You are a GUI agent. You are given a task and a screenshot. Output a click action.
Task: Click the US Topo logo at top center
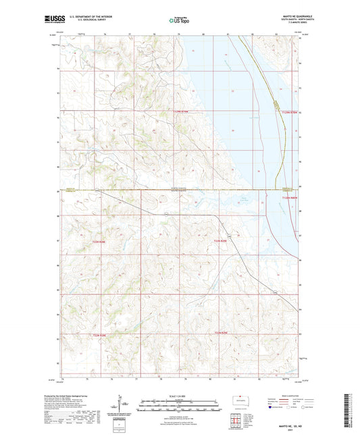pyautogui.click(x=180, y=20)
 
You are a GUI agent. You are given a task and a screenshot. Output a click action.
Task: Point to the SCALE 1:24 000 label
pyautogui.click(x=180, y=395)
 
